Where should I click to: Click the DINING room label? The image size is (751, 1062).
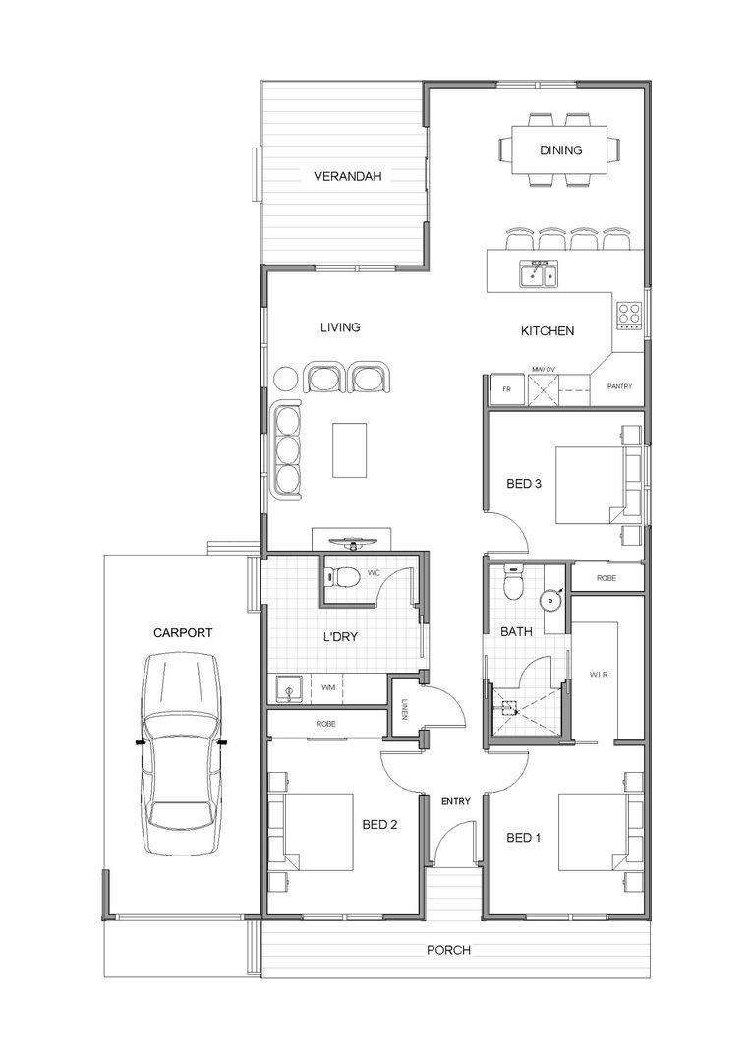coord(561,150)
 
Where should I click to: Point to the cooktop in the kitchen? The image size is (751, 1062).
coord(628,316)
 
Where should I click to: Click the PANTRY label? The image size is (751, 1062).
coord(619,386)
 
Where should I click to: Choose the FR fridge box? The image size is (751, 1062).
coord(507,389)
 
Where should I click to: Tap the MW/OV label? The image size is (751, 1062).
coord(544,370)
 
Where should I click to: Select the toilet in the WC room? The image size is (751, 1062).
coord(344,577)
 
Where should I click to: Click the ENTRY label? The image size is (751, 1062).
coord(455,801)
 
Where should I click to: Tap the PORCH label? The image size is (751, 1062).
coord(448,950)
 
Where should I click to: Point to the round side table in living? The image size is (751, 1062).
coord(285,379)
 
